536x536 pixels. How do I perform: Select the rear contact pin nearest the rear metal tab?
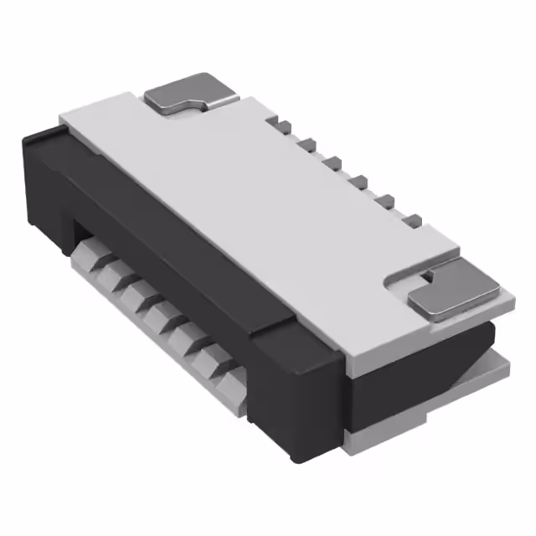(x=283, y=126)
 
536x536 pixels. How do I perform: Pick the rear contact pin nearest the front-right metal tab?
(x=411, y=220)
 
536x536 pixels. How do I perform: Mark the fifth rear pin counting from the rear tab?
(x=386, y=201)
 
